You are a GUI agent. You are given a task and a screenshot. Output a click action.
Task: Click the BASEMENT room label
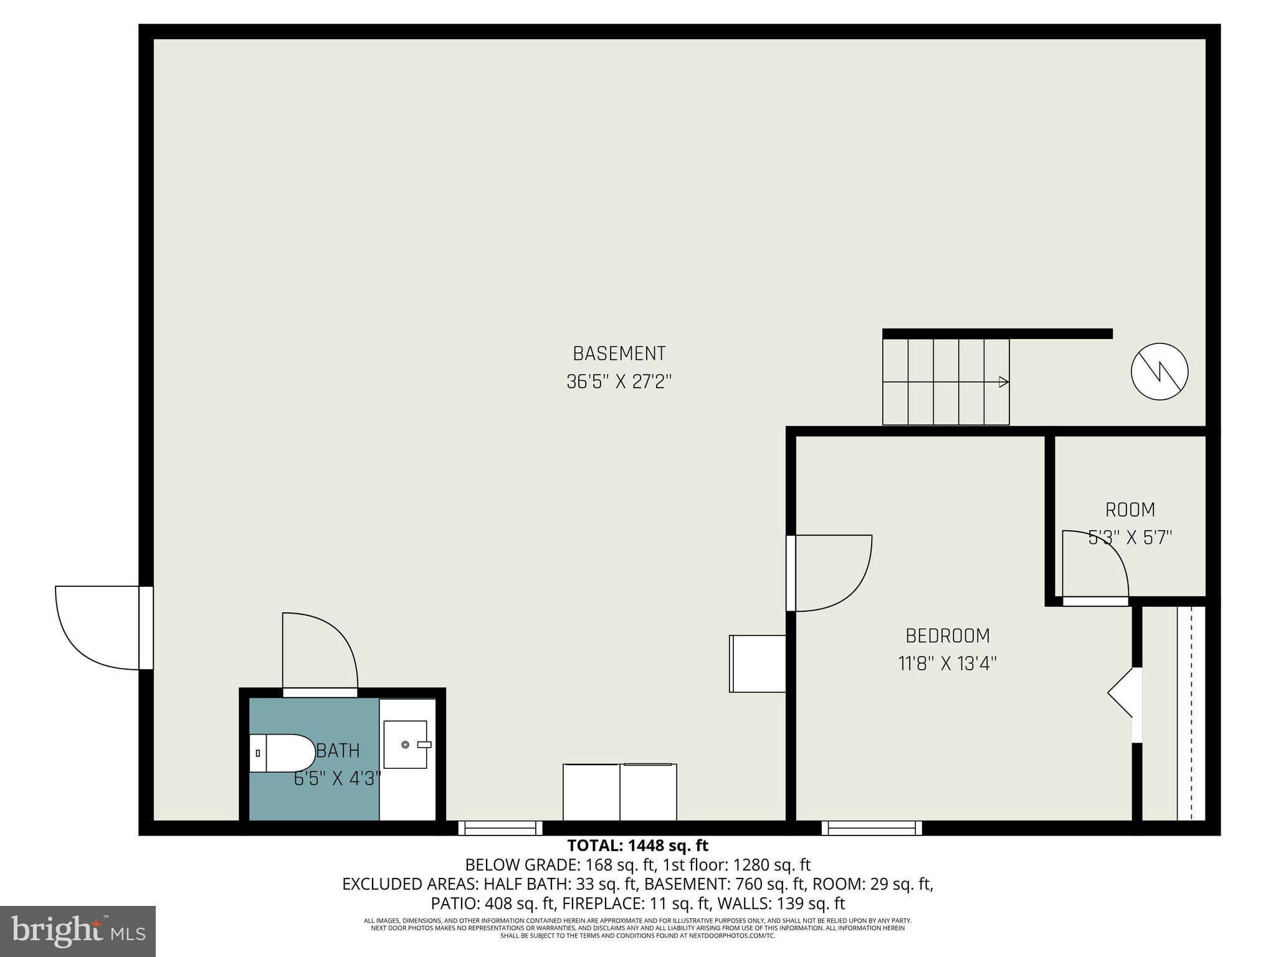point(619,354)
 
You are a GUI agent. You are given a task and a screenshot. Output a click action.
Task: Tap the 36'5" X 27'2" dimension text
point(619,382)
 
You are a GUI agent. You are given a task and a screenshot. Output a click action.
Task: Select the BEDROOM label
point(947,636)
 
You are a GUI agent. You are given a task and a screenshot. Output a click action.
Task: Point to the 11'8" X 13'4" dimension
point(947,664)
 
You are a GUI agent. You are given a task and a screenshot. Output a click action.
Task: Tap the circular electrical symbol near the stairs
point(1159,371)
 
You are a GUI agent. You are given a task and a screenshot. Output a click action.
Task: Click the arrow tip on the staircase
point(1004,382)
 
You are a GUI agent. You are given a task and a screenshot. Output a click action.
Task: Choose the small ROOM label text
point(1130,510)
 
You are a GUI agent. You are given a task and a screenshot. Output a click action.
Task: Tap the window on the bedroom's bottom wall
point(871,828)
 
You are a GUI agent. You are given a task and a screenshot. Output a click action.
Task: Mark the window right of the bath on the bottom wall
point(500,828)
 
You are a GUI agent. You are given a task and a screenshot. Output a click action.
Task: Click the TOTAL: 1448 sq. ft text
point(637,846)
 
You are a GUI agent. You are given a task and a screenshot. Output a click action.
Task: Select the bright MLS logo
point(78,931)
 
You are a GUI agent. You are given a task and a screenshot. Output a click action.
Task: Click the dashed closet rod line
point(1191,714)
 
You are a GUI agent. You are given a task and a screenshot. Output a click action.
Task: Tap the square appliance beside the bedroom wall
point(757,664)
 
